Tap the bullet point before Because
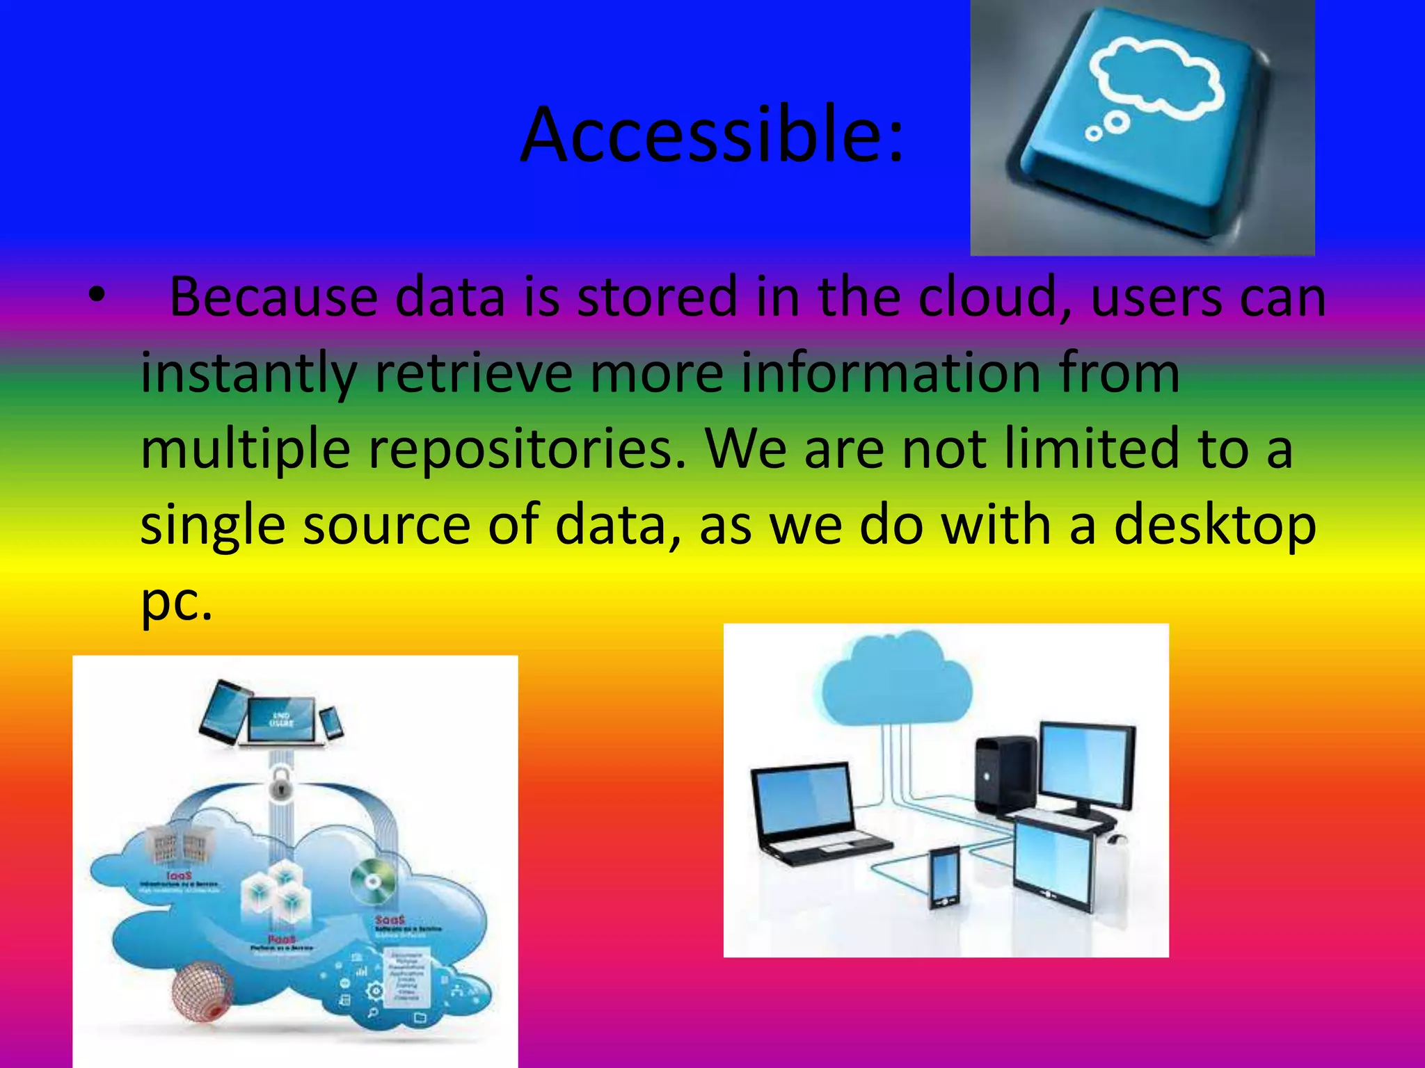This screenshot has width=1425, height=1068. (97, 297)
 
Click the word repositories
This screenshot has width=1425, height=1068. (526, 448)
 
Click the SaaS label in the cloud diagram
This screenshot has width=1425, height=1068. (390, 920)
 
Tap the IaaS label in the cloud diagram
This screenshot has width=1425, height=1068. (179, 876)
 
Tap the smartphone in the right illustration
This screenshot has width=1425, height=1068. (945, 876)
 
